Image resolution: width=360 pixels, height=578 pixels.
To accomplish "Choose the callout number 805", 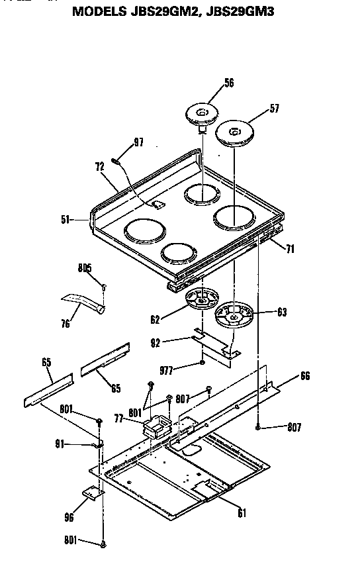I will (84, 268).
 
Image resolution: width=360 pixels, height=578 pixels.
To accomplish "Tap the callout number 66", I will (304, 376).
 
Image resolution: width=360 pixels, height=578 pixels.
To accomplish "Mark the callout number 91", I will (79, 445).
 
